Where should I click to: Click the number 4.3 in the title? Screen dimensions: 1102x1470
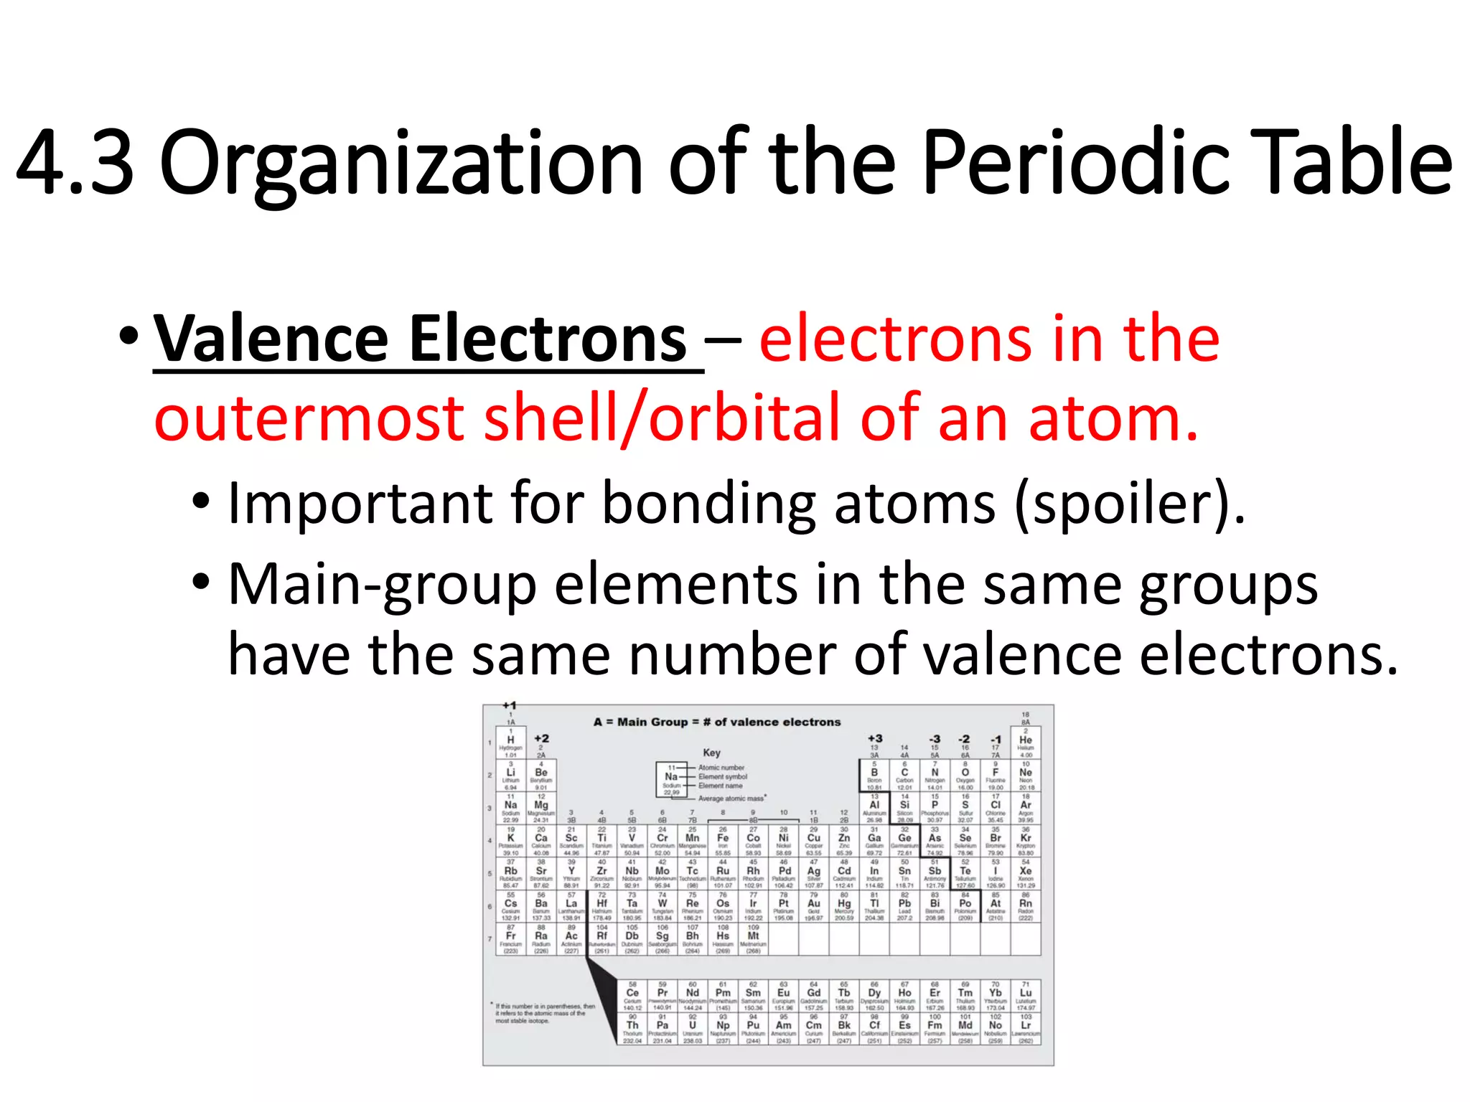pos(75,163)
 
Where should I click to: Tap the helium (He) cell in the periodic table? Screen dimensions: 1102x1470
pos(1026,743)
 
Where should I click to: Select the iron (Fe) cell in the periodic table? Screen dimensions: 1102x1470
pos(723,841)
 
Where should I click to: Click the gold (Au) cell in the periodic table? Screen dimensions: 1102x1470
pos(814,906)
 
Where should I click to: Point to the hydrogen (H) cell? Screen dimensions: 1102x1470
pos(510,743)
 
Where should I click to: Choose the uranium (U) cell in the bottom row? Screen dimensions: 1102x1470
pos(693,1028)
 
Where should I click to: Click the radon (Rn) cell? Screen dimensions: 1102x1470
pos(1026,906)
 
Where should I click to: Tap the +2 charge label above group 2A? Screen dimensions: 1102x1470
pos(541,738)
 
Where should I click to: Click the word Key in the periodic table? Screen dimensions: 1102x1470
pos(711,753)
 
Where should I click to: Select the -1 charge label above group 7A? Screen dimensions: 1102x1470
pos(996,739)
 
